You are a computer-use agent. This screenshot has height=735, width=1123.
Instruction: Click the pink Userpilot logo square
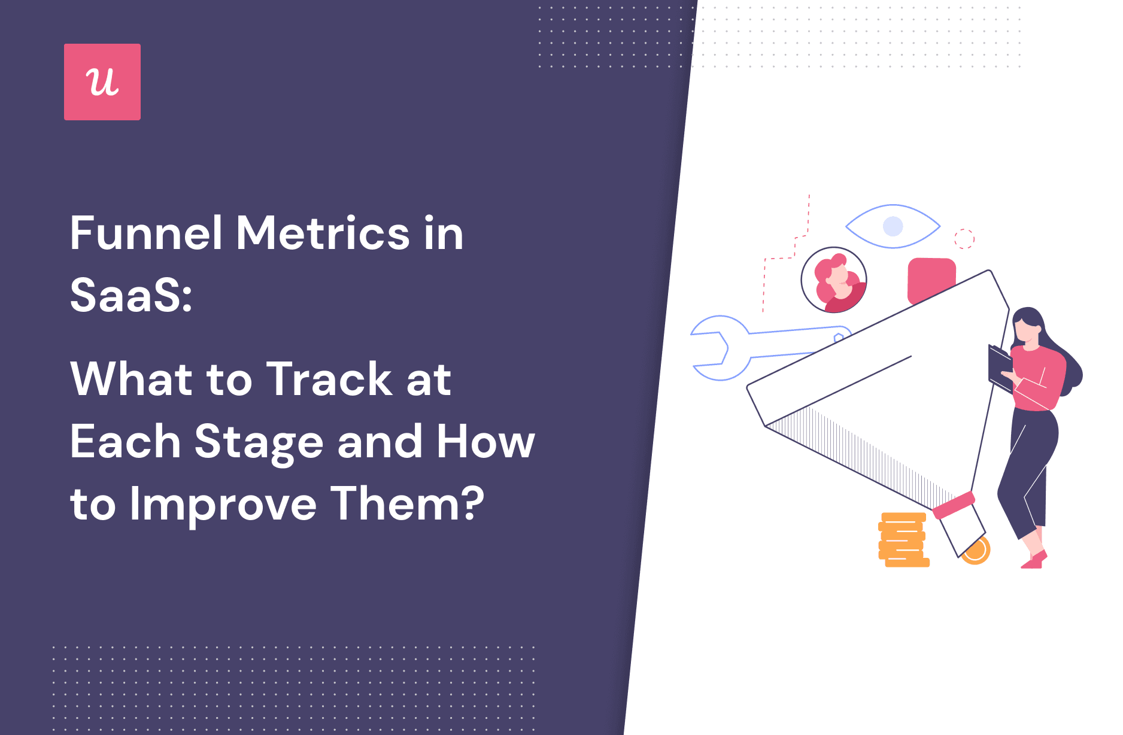[x=102, y=82]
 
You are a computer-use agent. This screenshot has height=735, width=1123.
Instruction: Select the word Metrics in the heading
[x=324, y=233]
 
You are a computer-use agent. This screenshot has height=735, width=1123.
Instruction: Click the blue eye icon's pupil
[x=893, y=226]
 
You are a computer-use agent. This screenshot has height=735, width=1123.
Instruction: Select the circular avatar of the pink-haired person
[x=834, y=280]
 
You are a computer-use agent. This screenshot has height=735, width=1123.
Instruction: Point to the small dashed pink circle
[x=964, y=238]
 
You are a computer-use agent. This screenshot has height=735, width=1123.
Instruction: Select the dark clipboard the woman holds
[x=999, y=365]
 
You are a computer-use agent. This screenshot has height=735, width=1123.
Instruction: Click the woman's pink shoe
[x=1034, y=561]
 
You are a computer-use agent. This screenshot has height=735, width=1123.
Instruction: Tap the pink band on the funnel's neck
[x=954, y=505]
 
